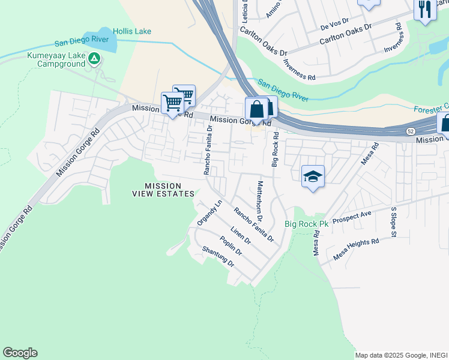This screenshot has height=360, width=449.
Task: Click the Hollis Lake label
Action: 132,31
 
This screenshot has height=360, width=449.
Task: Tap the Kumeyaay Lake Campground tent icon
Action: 94,58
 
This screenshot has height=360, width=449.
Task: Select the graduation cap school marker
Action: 313,176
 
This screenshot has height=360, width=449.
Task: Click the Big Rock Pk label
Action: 307,224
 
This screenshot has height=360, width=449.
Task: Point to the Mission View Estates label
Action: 164,189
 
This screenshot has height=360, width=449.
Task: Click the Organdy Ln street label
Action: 210,212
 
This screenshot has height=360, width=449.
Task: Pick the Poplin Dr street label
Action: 231,245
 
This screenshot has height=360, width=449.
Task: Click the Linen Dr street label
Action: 240,236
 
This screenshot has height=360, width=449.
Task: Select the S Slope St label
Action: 394,222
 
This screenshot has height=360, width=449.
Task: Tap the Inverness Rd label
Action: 300,70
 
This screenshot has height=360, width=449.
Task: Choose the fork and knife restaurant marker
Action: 425,9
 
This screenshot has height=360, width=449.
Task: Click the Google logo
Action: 20,353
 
